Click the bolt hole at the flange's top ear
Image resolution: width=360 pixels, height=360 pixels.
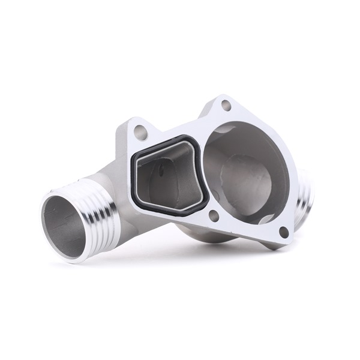[x=226, y=106]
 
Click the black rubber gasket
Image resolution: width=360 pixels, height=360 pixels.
[x=137, y=180]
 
